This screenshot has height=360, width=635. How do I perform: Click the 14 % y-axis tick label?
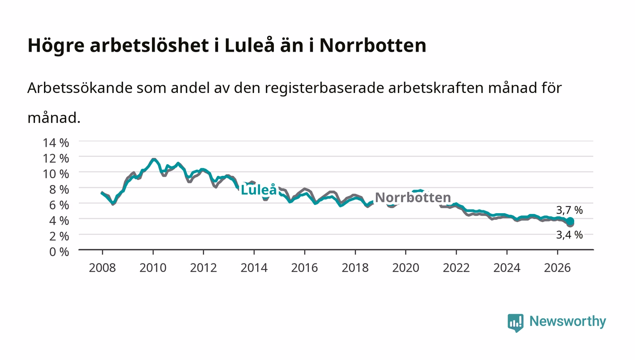[55, 142]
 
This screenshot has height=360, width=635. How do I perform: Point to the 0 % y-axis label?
[59, 252]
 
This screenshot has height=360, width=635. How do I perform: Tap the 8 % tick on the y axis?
[59, 190]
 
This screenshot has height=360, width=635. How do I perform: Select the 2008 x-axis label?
[103, 268]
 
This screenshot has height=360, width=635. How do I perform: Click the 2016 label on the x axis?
[304, 268]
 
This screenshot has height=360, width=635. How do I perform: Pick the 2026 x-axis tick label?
[557, 268]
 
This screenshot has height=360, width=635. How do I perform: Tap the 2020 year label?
[405, 268]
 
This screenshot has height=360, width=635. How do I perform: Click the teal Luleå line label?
[259, 190]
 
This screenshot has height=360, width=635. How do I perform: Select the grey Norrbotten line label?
[413, 197]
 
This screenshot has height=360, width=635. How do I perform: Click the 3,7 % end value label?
[569, 210]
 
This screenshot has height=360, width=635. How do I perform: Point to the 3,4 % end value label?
[569, 235]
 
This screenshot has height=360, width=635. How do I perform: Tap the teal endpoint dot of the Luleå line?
[570, 221]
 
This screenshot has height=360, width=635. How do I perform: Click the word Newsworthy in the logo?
[568, 321]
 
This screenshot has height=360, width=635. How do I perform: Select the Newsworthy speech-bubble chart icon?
[515, 323]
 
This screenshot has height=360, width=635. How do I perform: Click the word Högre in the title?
[56, 46]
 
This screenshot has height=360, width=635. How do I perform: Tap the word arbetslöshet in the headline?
[149, 45]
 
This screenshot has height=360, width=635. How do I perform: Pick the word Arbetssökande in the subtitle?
[80, 88]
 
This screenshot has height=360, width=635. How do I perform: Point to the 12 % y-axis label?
[55, 158]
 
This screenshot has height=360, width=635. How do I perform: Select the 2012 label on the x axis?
[203, 268]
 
